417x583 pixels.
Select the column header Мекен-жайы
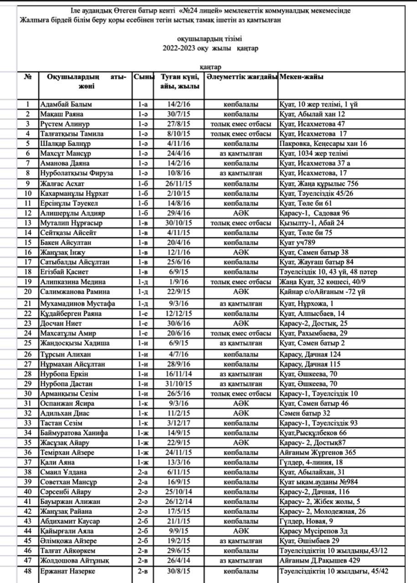tap(301, 77)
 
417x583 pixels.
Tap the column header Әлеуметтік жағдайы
tap(241, 77)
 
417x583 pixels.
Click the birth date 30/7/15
tap(179, 114)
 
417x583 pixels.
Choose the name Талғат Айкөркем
tap(68, 551)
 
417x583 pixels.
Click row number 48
tap(28, 571)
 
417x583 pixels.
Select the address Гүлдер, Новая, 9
tap(306, 521)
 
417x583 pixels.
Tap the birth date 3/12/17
tap(179, 423)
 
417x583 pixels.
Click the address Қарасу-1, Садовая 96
tap(315, 213)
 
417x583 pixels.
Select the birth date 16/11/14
tap(179, 374)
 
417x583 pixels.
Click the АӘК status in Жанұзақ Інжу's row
tap(241, 252)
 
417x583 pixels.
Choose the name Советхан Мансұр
tap(69, 482)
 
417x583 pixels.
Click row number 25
tap(28, 343)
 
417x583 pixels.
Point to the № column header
tap(28, 77)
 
